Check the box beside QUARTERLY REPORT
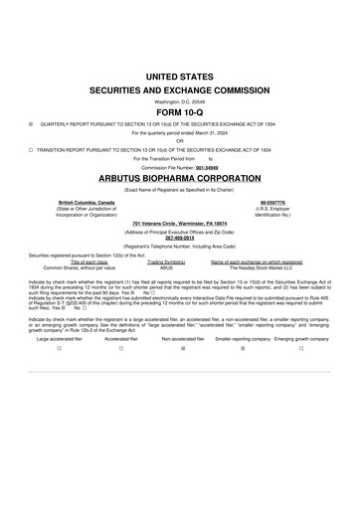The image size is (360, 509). [x=31, y=125]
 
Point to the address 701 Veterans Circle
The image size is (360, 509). [x=180, y=225]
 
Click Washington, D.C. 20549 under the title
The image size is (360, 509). [x=180, y=100]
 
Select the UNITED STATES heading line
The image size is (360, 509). [x=180, y=76]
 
